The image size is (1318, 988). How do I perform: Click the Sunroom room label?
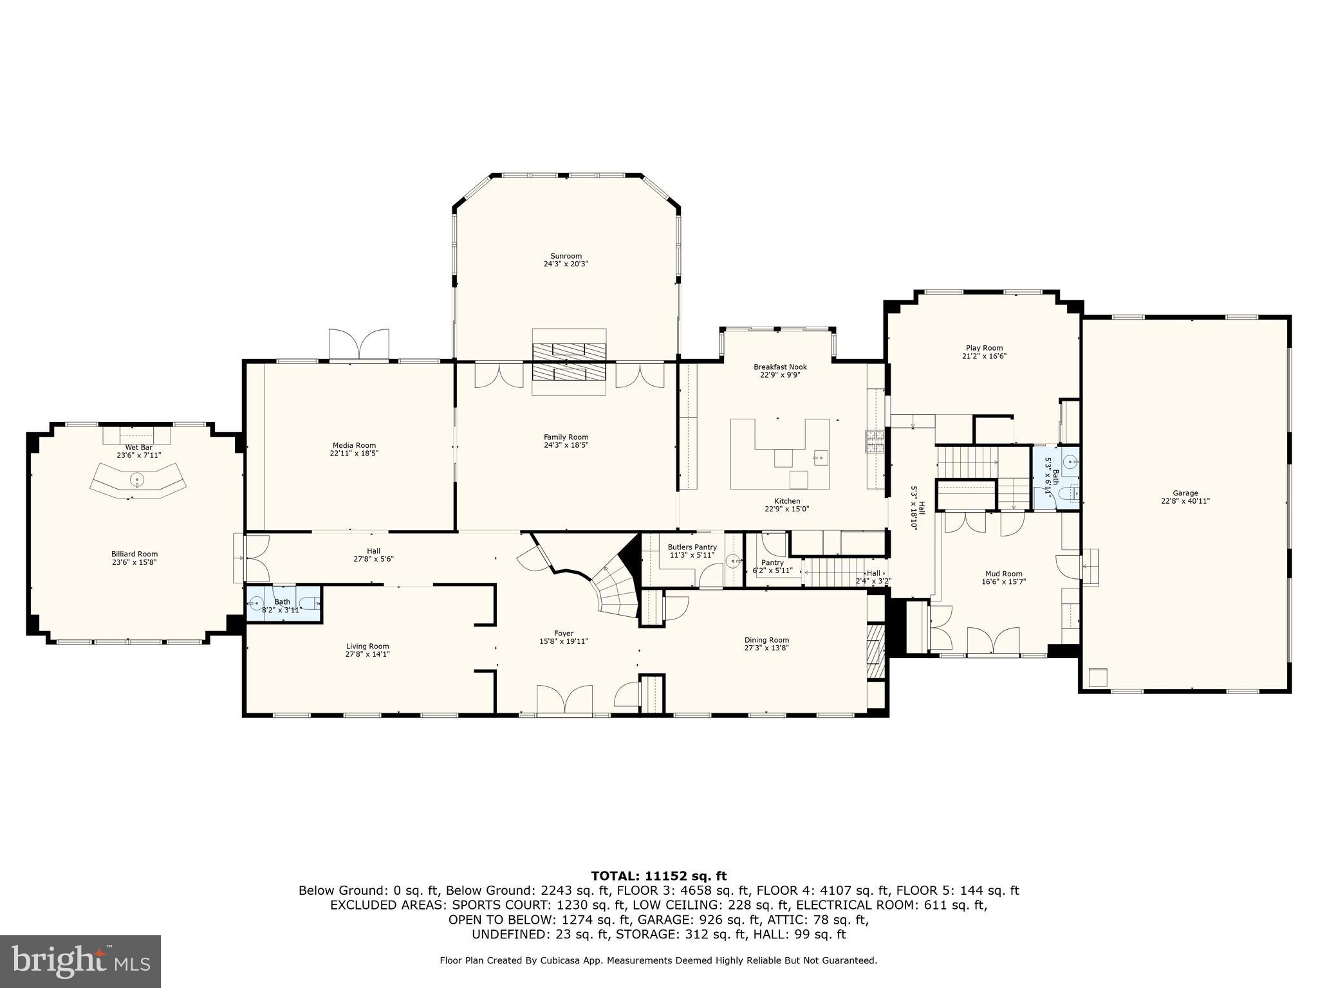(566, 256)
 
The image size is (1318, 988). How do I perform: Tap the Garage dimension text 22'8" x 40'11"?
(1185, 501)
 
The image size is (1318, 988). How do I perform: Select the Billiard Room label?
(135, 554)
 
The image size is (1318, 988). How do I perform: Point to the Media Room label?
(354, 445)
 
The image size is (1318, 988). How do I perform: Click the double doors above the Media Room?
(358, 345)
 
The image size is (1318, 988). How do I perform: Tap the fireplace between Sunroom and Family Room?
(569, 362)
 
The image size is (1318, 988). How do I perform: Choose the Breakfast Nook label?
(780, 367)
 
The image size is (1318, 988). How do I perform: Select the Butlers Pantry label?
(692, 547)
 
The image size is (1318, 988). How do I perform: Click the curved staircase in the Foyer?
(615, 587)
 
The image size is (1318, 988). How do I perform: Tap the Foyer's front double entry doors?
(564, 700)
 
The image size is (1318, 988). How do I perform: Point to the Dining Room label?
(766, 640)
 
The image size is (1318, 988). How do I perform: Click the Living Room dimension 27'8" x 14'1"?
(367, 654)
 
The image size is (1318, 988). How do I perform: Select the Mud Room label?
(1003, 574)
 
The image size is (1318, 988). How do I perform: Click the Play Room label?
(984, 348)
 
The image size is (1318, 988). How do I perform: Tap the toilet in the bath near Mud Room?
(1067, 494)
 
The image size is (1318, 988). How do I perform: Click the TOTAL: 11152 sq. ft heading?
(658, 875)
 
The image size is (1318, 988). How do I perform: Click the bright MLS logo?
(80, 962)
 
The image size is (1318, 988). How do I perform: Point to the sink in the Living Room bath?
(256, 603)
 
